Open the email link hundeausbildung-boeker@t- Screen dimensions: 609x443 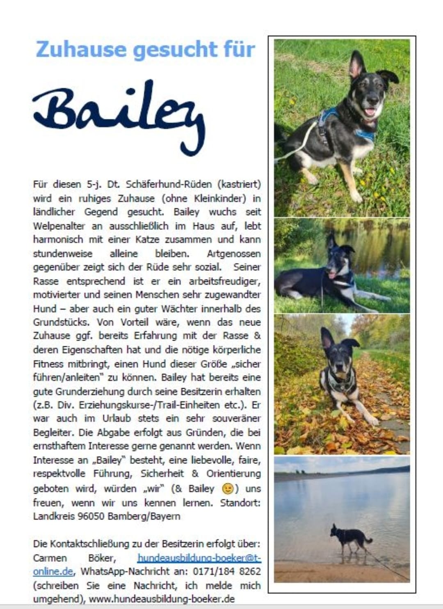(199, 558)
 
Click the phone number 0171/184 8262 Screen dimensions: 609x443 (227, 571)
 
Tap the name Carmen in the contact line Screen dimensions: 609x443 (50, 558)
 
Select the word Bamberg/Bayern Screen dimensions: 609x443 (144, 516)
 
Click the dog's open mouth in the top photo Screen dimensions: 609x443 (370, 112)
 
